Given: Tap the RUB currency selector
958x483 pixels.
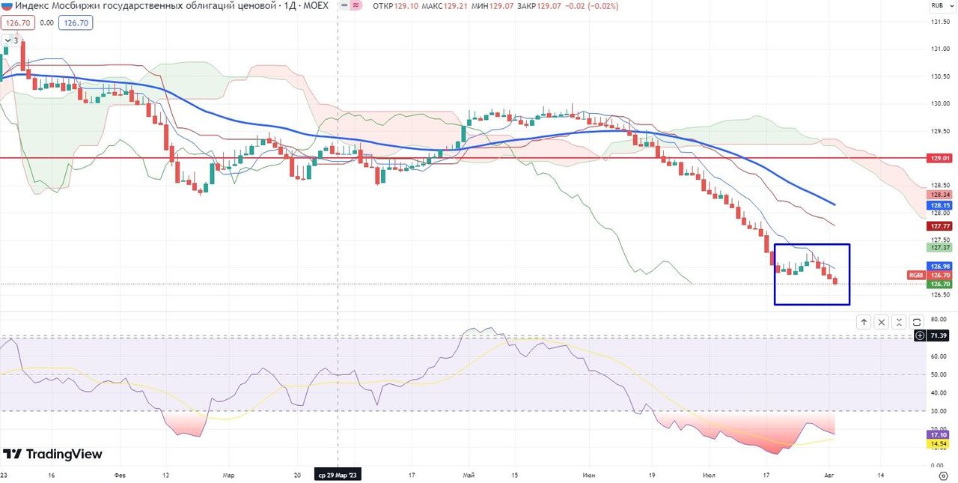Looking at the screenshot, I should (x=937, y=5).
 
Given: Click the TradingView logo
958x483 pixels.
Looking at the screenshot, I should (x=52, y=454).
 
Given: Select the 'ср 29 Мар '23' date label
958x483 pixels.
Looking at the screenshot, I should (x=338, y=475).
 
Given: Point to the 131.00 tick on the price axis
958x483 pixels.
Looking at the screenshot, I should (x=939, y=49).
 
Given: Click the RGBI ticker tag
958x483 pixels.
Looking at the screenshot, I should (x=916, y=276).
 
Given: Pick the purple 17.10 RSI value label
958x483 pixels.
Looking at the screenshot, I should (x=939, y=434).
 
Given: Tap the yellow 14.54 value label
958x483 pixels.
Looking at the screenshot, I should (x=939, y=444).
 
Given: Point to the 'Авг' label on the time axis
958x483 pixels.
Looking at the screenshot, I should (x=830, y=475).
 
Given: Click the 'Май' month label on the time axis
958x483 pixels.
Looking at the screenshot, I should (x=469, y=475).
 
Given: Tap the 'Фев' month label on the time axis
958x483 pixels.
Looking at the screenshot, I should (x=120, y=475).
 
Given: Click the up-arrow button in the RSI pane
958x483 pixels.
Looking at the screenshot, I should (x=864, y=322).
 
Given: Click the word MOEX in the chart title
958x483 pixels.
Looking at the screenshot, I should (x=314, y=5).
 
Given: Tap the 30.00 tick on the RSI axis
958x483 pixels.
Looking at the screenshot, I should (x=939, y=410).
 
